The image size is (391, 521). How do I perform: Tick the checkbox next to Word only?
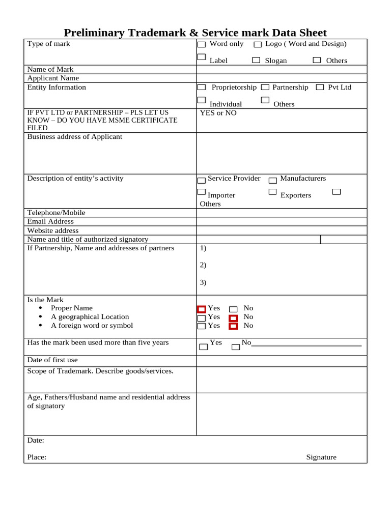(x=202, y=45)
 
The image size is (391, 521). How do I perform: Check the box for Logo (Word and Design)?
(x=258, y=45)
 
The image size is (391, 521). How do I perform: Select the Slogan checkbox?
(x=256, y=60)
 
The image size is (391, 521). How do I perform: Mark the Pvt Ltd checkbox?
(x=320, y=88)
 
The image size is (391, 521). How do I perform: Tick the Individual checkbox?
(x=202, y=100)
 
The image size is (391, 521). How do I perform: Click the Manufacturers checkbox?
(x=273, y=180)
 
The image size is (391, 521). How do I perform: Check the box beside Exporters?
(x=272, y=192)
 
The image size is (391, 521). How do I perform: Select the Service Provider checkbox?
(x=202, y=180)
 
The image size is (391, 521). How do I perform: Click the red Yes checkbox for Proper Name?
(x=202, y=309)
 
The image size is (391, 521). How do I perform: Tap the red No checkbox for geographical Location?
(x=233, y=318)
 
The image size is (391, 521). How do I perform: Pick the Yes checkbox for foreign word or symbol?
(x=202, y=326)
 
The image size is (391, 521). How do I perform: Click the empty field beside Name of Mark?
(x=281, y=69)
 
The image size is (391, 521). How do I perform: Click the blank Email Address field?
(x=281, y=221)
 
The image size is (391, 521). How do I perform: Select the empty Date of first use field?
(x=281, y=361)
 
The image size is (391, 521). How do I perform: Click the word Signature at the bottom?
(x=321, y=457)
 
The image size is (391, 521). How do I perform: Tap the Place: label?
(x=37, y=457)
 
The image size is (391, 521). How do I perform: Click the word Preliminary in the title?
(x=94, y=33)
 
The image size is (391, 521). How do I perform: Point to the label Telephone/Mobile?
(x=56, y=213)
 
